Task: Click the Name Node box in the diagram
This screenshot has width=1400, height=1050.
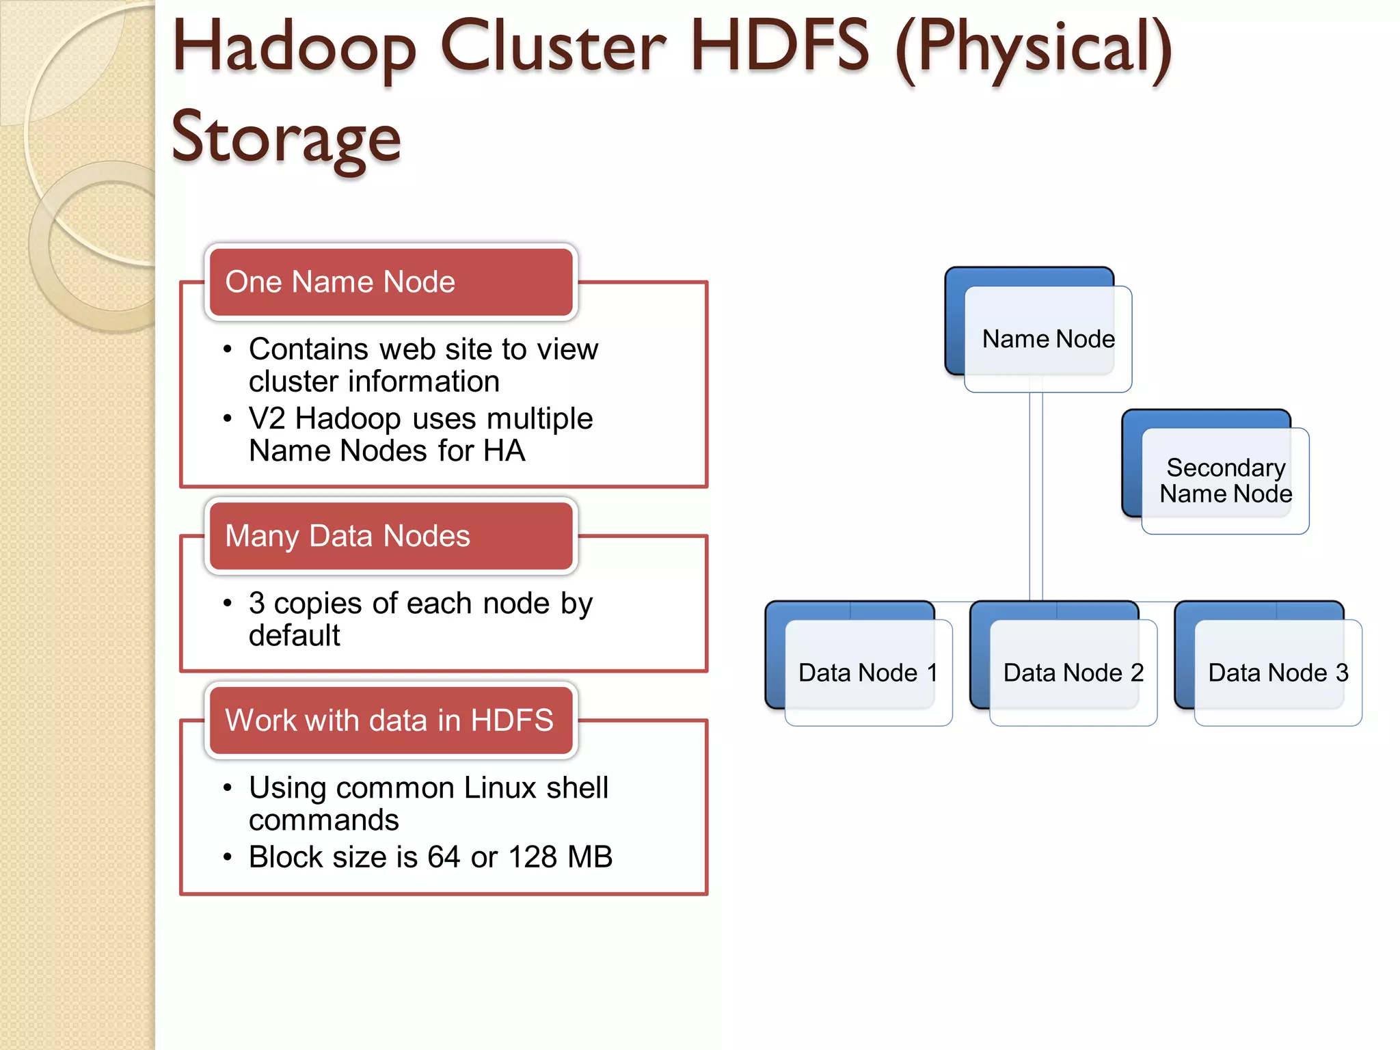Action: pos(1047,338)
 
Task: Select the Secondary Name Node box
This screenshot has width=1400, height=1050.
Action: pos(1225,481)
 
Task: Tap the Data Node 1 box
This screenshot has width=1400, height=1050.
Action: pos(867,673)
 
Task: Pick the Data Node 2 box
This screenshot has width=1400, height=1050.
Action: pos(1073,673)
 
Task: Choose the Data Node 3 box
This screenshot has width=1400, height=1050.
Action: pos(1278,673)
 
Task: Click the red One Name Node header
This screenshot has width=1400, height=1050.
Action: pos(391,282)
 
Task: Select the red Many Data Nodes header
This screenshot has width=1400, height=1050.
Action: pos(391,536)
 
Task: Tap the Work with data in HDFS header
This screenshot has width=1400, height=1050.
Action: pos(391,721)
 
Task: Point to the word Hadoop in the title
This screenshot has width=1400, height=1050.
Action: pos(294,48)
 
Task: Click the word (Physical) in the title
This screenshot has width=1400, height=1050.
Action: pos(1034,48)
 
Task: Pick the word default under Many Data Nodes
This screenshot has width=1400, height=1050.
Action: pos(294,636)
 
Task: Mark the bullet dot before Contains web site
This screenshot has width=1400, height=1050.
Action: pos(228,350)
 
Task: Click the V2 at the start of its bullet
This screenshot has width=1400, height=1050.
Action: pos(267,418)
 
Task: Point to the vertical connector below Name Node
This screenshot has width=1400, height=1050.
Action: pos(1036,492)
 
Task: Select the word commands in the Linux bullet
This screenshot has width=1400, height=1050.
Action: pos(323,820)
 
